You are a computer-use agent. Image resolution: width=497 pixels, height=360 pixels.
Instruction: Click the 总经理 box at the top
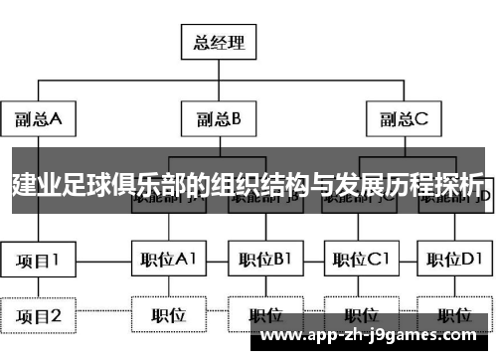219,43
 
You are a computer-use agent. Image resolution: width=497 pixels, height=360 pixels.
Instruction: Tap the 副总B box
219,119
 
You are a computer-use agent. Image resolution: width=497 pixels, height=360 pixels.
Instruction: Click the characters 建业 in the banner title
34,184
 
